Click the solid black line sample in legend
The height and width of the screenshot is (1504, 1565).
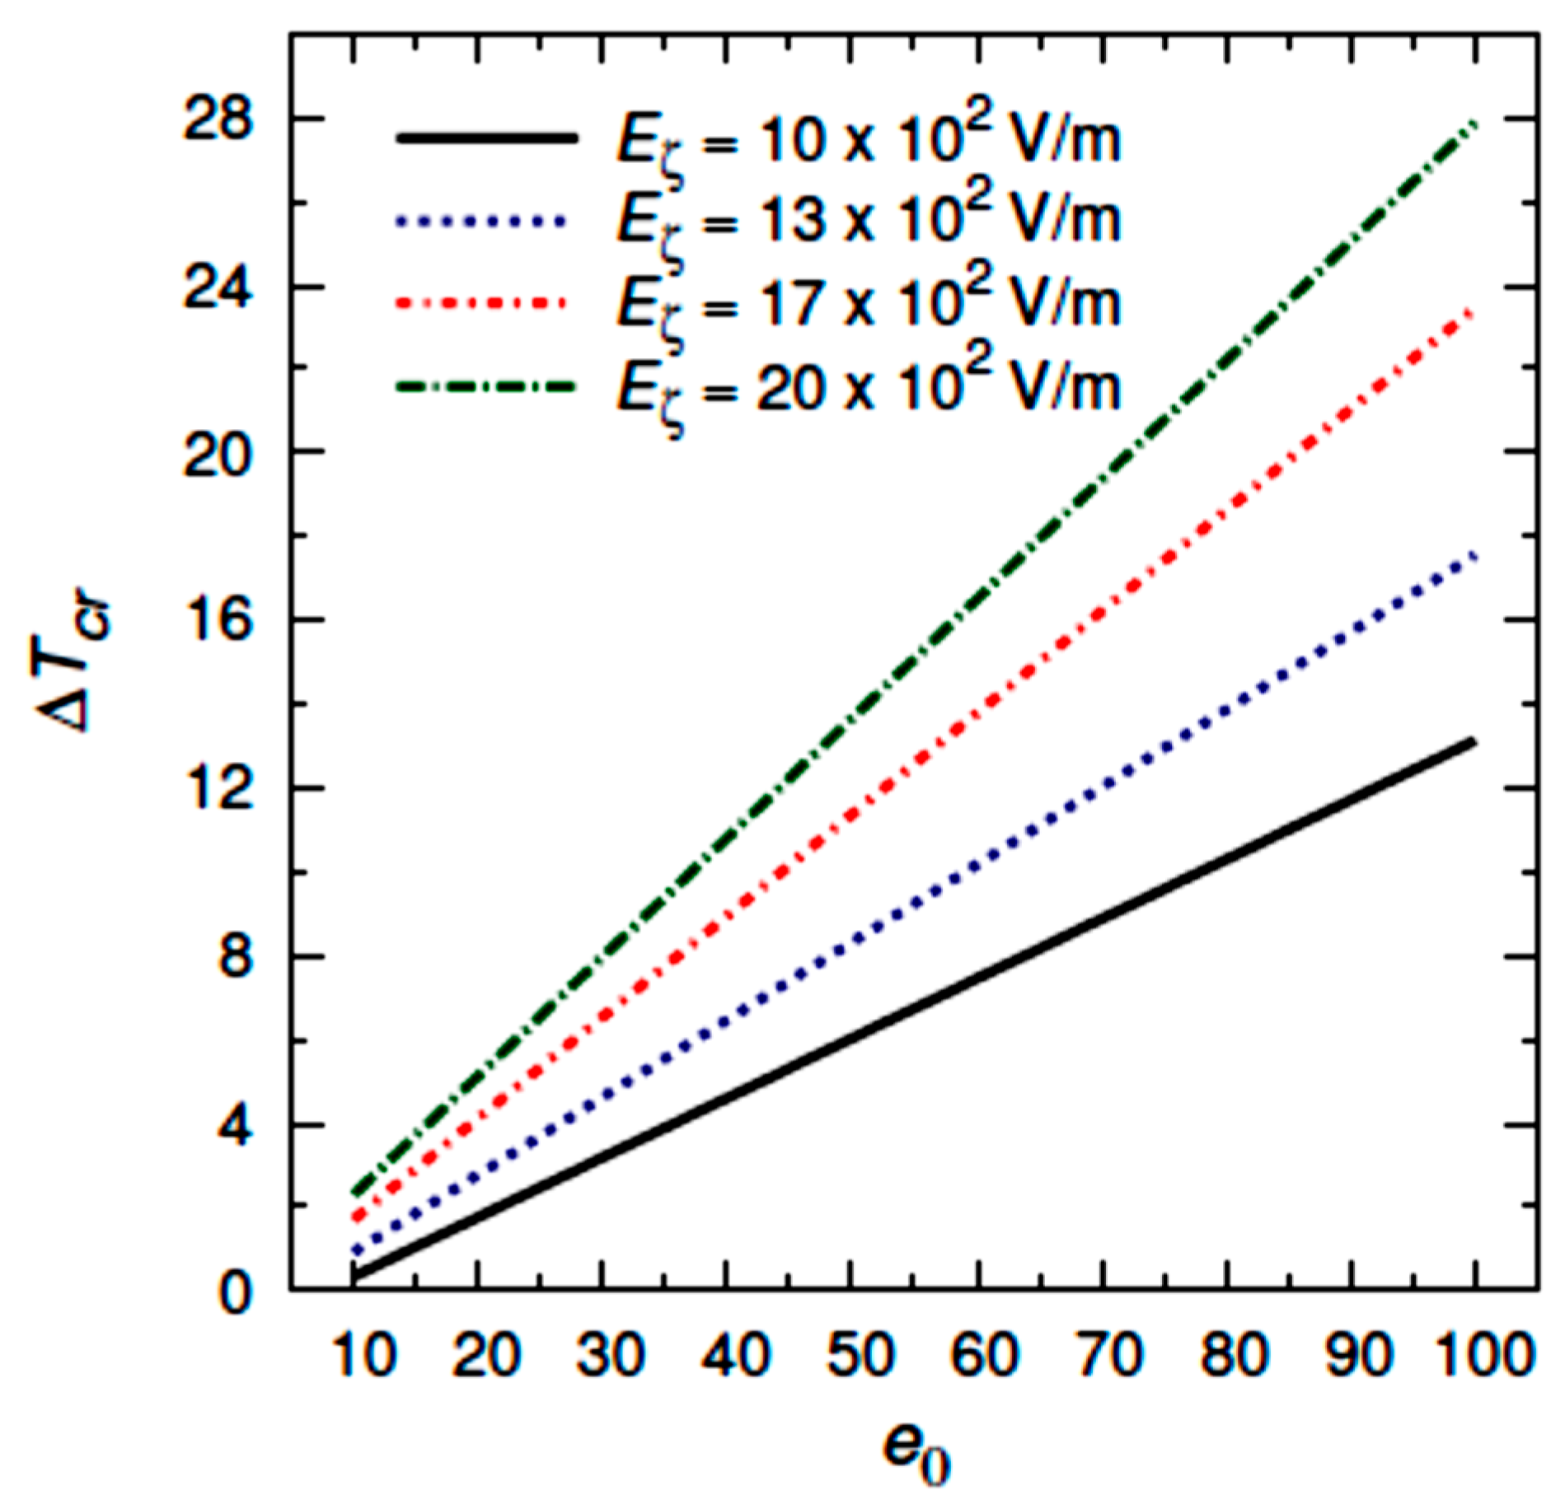coord(485,138)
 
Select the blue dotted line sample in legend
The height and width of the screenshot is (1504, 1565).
coord(482,221)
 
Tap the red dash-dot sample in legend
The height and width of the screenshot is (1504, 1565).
coord(482,303)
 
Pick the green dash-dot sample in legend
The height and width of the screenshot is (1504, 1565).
coord(485,385)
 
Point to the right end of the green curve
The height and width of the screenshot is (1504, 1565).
coord(1476,124)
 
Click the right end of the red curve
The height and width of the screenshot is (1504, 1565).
coord(1473,311)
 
